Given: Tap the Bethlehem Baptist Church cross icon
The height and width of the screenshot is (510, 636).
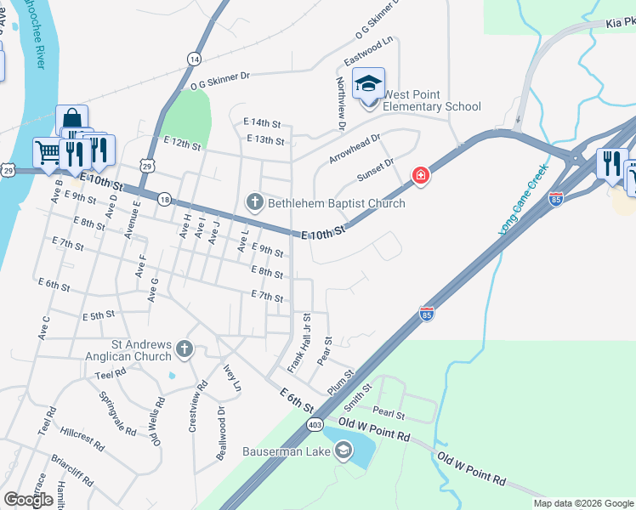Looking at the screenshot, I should (254, 203).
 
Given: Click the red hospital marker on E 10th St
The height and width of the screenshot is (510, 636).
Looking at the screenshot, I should (419, 177).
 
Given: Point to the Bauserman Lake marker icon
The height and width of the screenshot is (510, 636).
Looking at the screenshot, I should (344, 450).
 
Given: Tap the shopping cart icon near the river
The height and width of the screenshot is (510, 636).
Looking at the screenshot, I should (47, 153).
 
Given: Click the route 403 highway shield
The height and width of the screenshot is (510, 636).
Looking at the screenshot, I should (316, 423).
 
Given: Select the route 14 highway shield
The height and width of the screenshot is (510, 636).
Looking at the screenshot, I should (195, 59).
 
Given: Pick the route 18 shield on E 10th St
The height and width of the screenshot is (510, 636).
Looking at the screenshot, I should (165, 199).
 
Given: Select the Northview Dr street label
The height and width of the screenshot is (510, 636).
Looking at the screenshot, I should (341, 104).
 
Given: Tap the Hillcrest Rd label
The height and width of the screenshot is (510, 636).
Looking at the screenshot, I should (82, 438).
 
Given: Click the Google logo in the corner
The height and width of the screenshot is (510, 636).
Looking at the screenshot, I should (29, 500).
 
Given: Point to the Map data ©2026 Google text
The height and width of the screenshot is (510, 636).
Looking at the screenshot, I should (583, 503).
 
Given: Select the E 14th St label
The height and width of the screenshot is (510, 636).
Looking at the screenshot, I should (262, 123).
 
